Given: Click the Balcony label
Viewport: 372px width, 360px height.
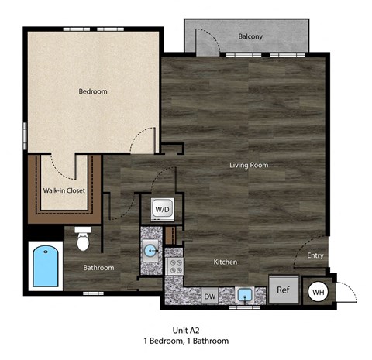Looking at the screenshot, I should click(x=250, y=36).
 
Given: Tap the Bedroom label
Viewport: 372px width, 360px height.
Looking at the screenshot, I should click(x=93, y=91).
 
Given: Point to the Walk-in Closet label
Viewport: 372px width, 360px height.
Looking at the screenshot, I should click(x=64, y=190).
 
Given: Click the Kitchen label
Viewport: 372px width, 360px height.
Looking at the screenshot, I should click(x=226, y=262).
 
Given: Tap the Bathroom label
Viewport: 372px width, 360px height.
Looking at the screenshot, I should click(x=99, y=268).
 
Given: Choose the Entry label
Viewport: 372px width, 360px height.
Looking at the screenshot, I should click(x=315, y=255).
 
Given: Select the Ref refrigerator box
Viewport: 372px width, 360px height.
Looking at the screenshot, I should click(x=282, y=290).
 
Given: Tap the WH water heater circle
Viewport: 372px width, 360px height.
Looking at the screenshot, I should click(x=318, y=292).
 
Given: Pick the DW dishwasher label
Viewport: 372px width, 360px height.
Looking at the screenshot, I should click(x=209, y=295).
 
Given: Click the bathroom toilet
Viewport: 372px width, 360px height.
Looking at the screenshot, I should click(x=84, y=239).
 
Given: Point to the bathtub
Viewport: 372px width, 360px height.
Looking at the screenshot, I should click(x=44, y=266).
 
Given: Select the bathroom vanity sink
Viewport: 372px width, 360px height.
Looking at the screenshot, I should click(x=150, y=249).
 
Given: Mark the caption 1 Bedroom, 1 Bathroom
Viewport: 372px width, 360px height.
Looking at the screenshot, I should click(x=186, y=341).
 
